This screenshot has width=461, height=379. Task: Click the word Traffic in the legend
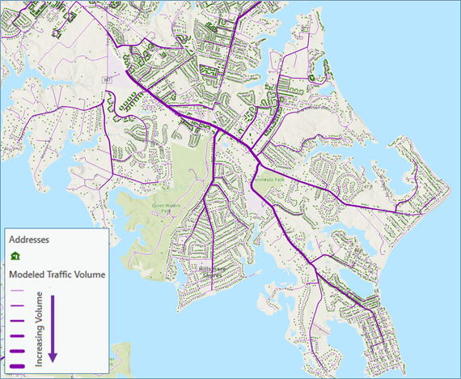click(x=61, y=274)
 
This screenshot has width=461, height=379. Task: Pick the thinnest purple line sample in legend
click(x=17, y=290)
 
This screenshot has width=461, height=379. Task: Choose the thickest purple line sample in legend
click(x=17, y=365)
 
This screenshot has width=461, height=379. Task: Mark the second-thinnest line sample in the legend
click(x=17, y=304)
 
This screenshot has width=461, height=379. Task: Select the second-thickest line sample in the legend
click(x=17, y=351)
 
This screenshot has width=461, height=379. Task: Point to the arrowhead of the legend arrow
click(x=53, y=357)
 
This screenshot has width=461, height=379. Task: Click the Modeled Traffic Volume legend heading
click(x=56, y=274)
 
